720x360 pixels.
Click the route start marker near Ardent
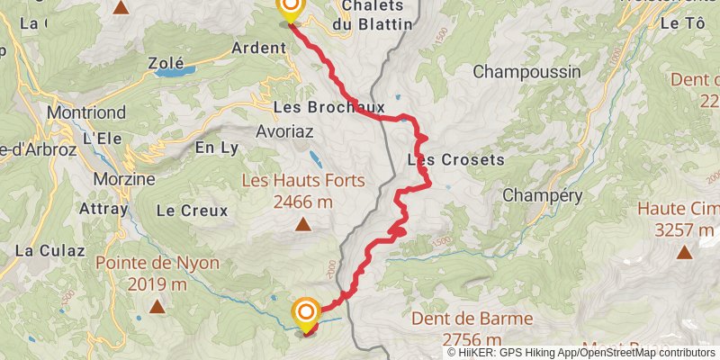[290, 10]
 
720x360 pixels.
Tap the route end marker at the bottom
[306, 313]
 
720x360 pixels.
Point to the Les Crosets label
[455, 160]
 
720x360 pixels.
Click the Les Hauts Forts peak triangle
[302, 225]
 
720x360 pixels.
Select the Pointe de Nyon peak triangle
[157, 307]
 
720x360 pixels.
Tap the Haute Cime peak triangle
[685, 252]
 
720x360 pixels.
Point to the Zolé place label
[166, 63]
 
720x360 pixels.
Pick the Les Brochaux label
[316, 107]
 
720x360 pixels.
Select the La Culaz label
[37, 250]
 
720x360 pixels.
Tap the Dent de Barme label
[472, 319]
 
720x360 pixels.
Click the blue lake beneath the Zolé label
[168, 73]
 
